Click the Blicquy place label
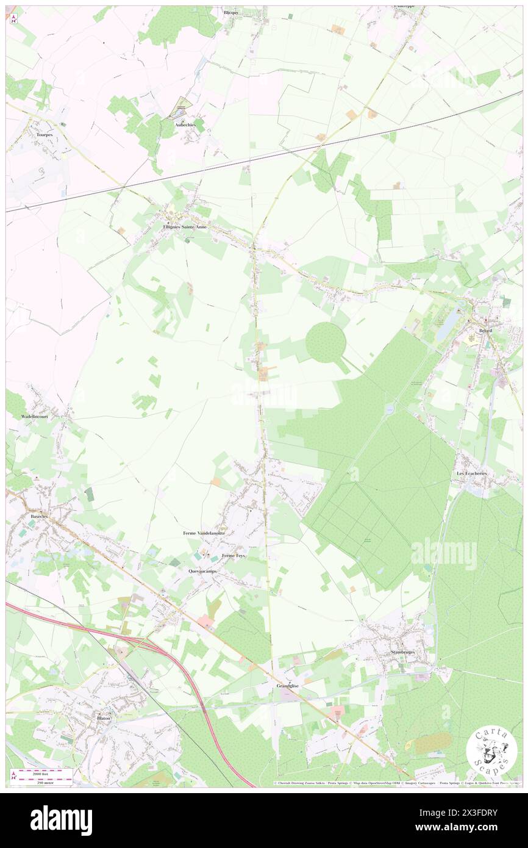pos(231,12)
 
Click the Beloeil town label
pos(485,330)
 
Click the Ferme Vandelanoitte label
pos(204,533)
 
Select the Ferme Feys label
pos(234,555)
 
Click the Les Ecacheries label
pos(473,473)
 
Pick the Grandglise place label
pos(288,686)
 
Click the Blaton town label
pos(104,718)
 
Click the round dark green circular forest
pos(326,342)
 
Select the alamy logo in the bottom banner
pos(61,820)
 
